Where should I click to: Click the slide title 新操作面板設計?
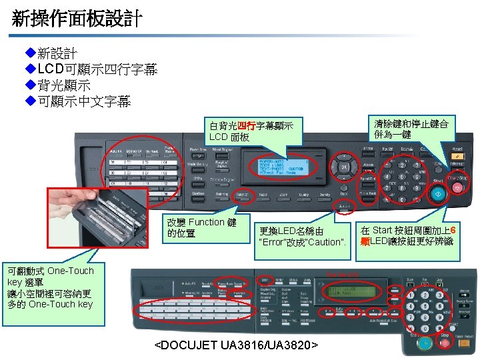click(x=77, y=18)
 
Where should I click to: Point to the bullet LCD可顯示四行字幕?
click(x=97, y=69)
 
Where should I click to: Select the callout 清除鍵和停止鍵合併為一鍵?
click(x=411, y=129)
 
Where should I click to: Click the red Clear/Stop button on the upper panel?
click(x=457, y=189)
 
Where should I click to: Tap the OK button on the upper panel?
click(x=344, y=167)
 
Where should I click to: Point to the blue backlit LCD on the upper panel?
click(x=281, y=168)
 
